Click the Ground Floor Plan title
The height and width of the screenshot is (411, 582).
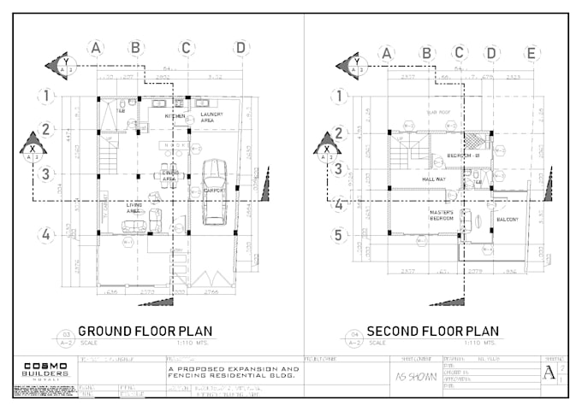coord(145,331)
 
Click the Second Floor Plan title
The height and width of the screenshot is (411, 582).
coord(432,331)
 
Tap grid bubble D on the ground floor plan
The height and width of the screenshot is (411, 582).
coord(241,47)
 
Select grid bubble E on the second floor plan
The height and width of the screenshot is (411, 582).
coord(532,54)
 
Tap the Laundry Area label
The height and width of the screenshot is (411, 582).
coord(211,117)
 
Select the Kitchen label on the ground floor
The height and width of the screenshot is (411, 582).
coord(175,115)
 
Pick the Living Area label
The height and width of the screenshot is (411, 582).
coord(134,208)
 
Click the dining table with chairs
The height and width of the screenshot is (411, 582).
coord(171,176)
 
